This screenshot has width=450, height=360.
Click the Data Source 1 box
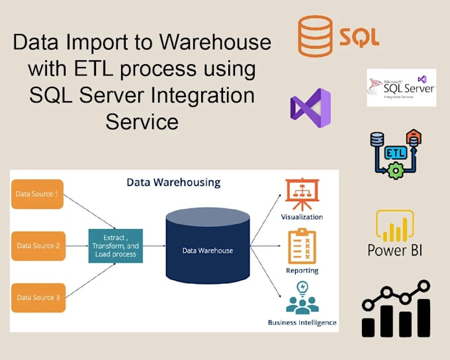click(x=37, y=194)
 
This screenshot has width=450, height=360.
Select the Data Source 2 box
click(x=37, y=246)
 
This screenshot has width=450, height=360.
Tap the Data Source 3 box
click(x=37, y=298)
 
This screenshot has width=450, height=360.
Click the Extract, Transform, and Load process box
click(x=116, y=246)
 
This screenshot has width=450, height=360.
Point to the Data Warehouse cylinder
click(x=207, y=247)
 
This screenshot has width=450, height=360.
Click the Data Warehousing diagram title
click(x=173, y=182)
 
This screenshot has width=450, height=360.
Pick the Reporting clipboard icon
click(x=302, y=246)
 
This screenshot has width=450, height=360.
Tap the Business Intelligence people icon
click(x=302, y=298)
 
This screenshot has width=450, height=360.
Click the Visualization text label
click(x=302, y=217)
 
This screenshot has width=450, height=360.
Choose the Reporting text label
click(x=302, y=271)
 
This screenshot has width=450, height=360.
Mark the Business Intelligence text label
click(x=302, y=323)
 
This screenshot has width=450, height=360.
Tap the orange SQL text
click(x=359, y=36)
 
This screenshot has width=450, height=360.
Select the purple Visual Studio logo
click(x=310, y=108)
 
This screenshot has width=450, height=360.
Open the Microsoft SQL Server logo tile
click(x=401, y=87)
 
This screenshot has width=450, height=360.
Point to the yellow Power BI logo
click(x=395, y=226)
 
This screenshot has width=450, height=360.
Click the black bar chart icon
click(x=396, y=310)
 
